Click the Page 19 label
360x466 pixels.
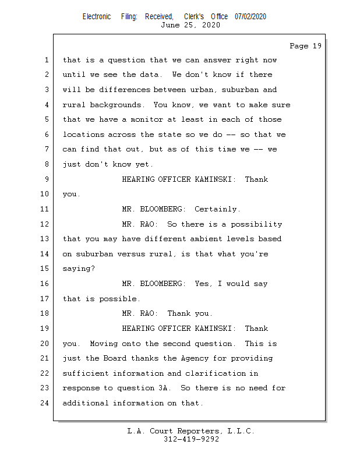tap(305, 46)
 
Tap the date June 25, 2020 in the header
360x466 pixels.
tap(190, 25)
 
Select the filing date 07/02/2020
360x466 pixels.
tap(250, 16)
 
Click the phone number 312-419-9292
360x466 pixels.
tap(190, 439)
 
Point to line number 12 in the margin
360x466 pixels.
tap(45, 224)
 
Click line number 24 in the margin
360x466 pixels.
tap(45, 403)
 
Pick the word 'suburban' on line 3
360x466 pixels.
tap(238, 90)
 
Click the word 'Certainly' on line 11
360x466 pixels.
tap(217, 209)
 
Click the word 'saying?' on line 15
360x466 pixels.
tap(79, 269)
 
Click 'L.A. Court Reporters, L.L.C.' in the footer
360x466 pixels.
tap(190, 431)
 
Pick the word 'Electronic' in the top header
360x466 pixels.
tap(97, 16)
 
